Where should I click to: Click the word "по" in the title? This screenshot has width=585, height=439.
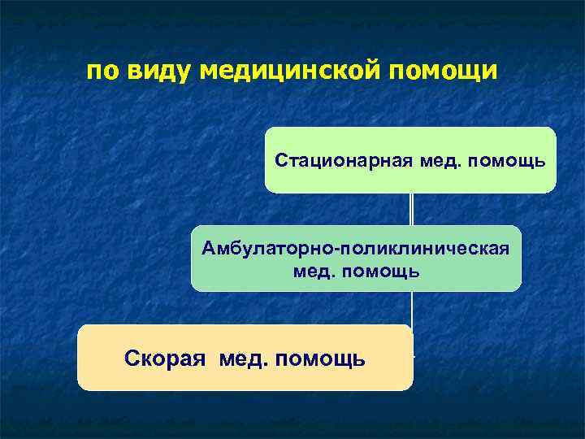(x=102, y=72)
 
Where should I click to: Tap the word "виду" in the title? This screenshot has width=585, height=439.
(x=157, y=72)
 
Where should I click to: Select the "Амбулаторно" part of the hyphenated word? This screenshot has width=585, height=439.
(x=269, y=247)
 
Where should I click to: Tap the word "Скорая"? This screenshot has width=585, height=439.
(x=167, y=358)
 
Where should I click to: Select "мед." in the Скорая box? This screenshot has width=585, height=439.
(x=243, y=358)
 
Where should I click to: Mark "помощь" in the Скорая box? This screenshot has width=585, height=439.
(x=319, y=358)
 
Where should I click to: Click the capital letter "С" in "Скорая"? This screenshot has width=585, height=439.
(x=132, y=358)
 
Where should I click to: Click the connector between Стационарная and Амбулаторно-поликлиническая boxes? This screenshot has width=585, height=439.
(x=412, y=209)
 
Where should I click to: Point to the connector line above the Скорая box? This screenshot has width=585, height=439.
(x=412, y=308)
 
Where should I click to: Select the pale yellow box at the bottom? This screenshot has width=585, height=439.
(x=245, y=379)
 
